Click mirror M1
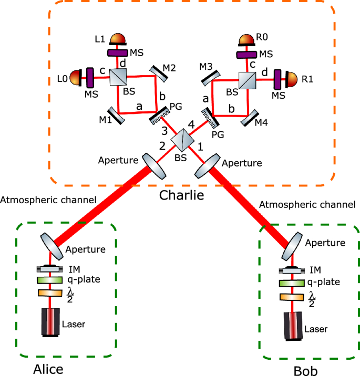116,115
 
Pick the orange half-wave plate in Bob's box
293,297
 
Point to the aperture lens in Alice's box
51,246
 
